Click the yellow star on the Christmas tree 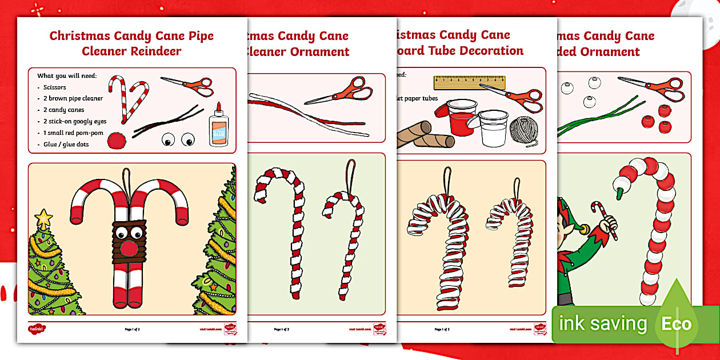pyautogui.click(x=43, y=218)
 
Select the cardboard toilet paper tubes pyautogui.click(x=426, y=135)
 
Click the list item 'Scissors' pyautogui.click(x=55, y=87)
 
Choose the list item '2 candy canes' pyautogui.click(x=63, y=110)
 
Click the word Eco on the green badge pyautogui.click(x=677, y=325)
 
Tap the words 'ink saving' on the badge pyautogui.click(x=602, y=324)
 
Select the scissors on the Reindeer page pyautogui.click(x=187, y=85)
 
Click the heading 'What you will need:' pyautogui.click(x=67, y=75)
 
